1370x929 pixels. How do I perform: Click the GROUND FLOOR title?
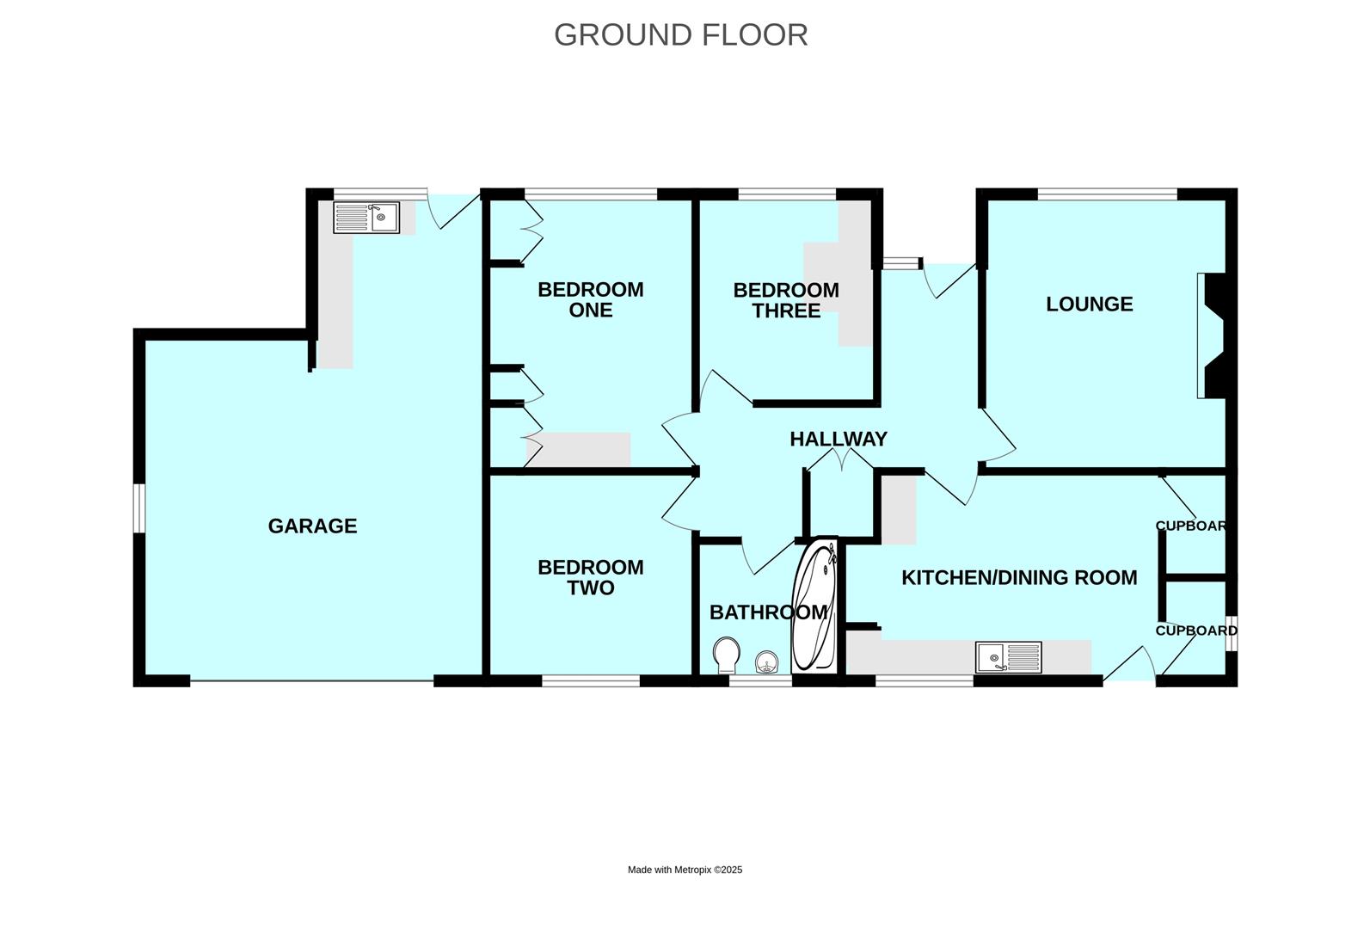(x=680, y=35)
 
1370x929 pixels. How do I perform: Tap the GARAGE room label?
(x=312, y=526)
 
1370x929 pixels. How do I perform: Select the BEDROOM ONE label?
(x=590, y=299)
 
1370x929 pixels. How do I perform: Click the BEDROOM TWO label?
(x=590, y=577)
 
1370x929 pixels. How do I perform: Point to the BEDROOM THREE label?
(x=785, y=300)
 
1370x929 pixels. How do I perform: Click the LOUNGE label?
(x=1089, y=304)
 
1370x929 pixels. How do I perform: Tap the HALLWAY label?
(x=838, y=439)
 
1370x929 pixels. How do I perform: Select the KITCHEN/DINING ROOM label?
(x=1018, y=577)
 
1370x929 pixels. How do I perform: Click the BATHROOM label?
(x=767, y=612)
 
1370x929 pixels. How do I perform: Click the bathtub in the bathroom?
(x=814, y=607)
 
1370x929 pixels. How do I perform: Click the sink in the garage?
(x=366, y=218)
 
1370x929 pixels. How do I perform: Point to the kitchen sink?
(x=1008, y=658)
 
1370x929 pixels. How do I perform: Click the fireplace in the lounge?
(x=1212, y=336)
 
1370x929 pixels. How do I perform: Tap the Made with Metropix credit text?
(x=685, y=870)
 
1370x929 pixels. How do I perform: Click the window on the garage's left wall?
(x=138, y=508)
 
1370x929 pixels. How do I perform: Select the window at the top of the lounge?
(x=1107, y=194)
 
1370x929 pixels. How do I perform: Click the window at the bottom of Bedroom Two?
(x=590, y=680)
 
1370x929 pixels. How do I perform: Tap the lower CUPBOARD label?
(x=1195, y=631)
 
